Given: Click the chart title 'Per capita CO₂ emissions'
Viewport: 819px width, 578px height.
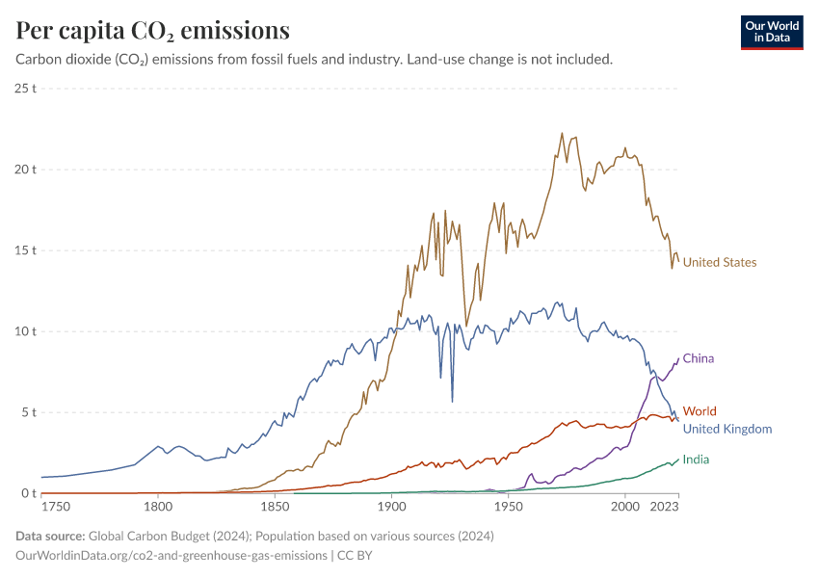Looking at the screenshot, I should (152, 30).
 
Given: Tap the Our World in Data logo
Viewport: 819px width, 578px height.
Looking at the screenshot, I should (771, 32).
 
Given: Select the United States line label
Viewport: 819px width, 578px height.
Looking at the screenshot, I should (720, 262).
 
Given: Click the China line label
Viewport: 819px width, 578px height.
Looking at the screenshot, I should (699, 358).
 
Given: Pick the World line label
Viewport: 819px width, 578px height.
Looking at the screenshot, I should (700, 411).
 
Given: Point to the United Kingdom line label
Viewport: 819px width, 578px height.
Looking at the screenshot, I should (727, 429).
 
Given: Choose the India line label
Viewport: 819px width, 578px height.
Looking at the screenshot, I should (697, 460).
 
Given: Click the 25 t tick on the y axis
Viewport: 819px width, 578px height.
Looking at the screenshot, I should (26, 88).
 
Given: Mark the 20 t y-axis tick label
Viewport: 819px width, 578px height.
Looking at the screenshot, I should (26, 169).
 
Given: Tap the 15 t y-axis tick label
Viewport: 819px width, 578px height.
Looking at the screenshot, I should (26, 250).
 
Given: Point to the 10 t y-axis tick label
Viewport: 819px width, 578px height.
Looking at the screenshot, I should (26, 331).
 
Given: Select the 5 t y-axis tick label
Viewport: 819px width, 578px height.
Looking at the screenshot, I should (29, 412).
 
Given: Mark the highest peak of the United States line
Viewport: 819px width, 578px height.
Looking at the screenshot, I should (562, 134).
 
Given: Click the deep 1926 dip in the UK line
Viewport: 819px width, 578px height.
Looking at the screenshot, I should (452, 401).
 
